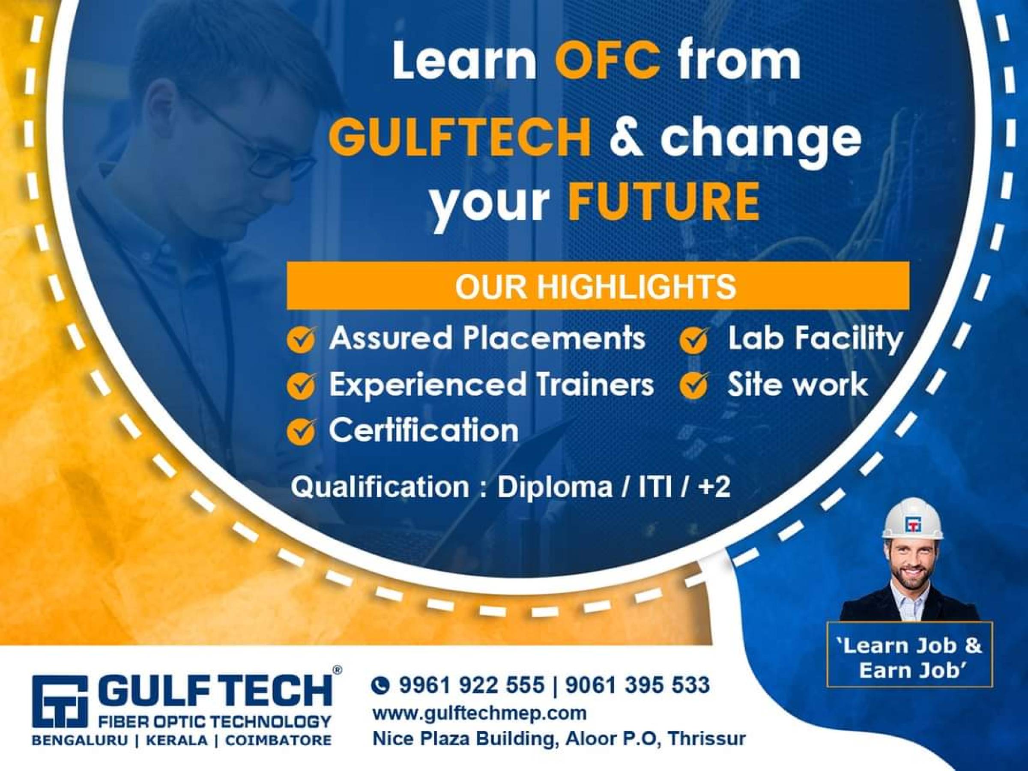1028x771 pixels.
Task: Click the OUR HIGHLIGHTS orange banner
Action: (x=597, y=286)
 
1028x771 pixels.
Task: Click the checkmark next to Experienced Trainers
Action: (x=302, y=386)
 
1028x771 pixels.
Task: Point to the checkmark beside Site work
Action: (x=694, y=386)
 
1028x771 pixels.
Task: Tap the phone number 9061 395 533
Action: (x=638, y=685)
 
